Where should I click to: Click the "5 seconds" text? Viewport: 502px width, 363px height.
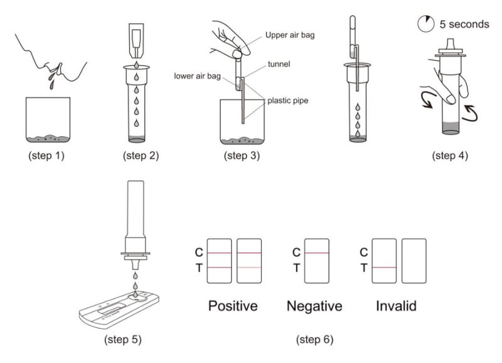(464, 24)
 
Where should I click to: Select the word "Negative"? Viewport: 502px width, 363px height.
(314, 306)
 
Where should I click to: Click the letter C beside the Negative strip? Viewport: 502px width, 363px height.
(296, 252)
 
